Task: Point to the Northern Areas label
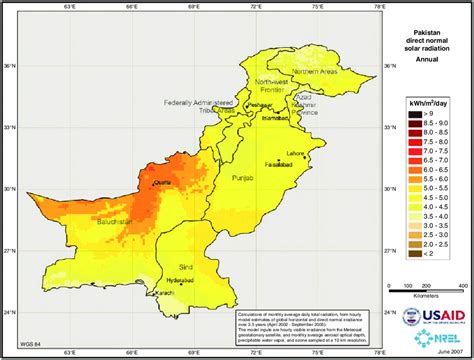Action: click(x=290, y=73)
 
